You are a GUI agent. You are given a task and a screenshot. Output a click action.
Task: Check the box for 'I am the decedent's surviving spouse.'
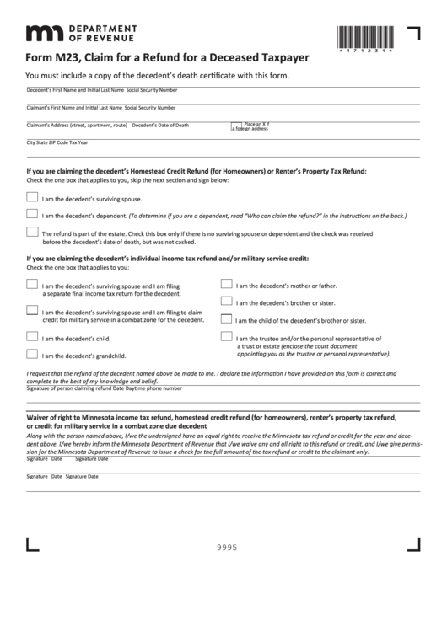point(32,197)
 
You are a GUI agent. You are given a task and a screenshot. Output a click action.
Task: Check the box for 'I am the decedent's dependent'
point(32,214)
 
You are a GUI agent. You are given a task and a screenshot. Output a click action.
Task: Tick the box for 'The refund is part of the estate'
point(32,232)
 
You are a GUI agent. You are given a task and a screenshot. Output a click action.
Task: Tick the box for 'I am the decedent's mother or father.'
point(226,284)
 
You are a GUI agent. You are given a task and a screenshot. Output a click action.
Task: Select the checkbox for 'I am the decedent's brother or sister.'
point(226,301)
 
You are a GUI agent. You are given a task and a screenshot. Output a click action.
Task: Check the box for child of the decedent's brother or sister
point(226,318)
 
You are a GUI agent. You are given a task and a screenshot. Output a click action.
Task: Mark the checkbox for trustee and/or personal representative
point(226,336)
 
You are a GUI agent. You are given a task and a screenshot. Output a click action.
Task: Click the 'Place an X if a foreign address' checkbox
point(236,125)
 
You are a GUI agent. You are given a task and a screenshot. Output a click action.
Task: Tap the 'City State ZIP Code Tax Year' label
point(57,142)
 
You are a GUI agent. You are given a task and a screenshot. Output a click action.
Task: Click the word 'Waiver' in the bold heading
point(41,417)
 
